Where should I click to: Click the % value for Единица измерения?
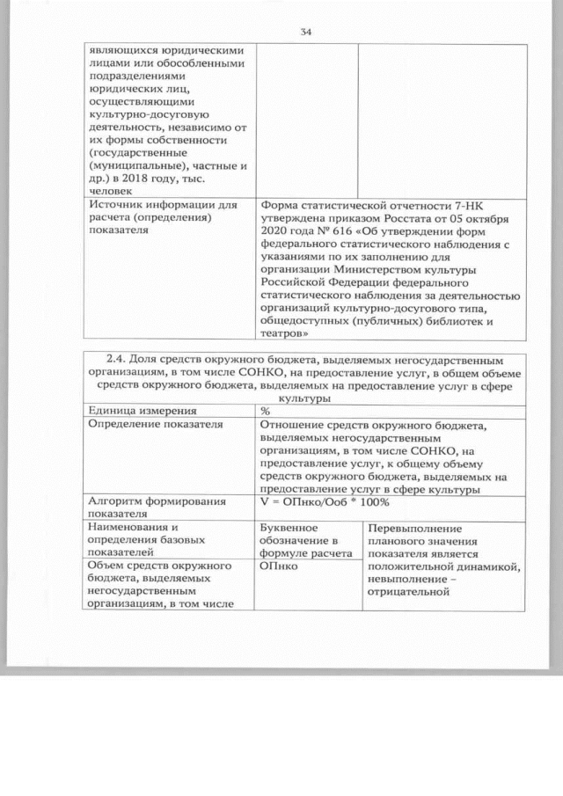[x=265, y=411]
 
